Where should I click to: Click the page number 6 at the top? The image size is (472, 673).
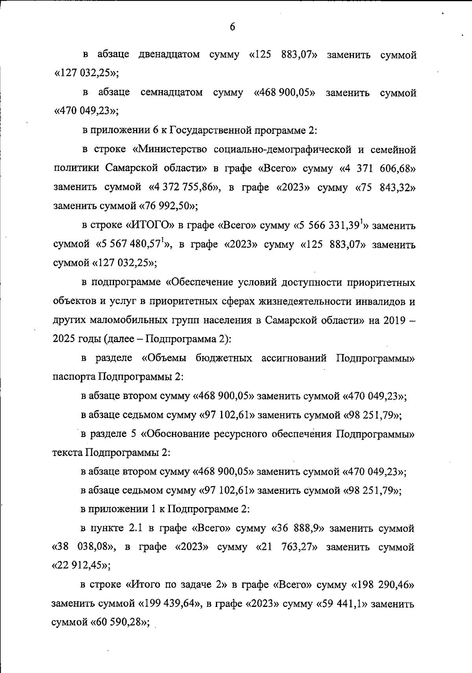(x=232, y=27)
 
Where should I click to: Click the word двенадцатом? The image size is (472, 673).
(x=169, y=54)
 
